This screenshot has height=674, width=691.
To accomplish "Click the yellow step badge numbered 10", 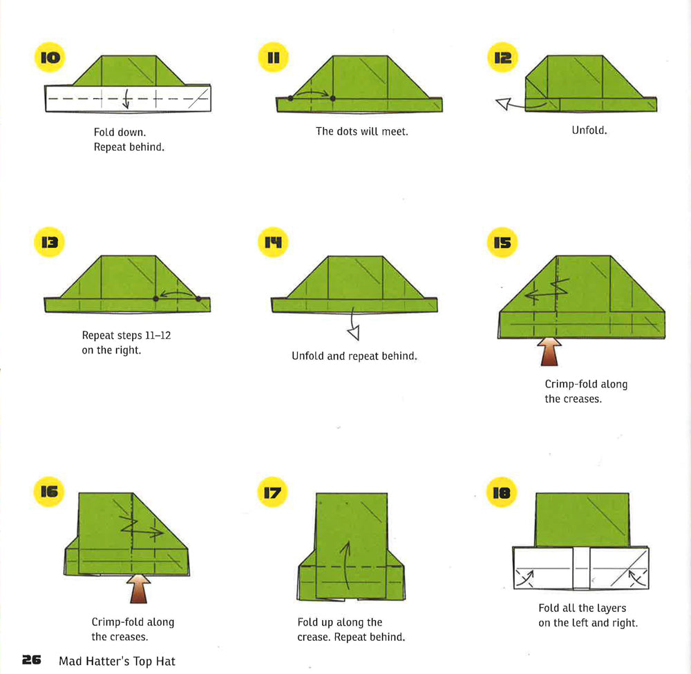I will point(50,58).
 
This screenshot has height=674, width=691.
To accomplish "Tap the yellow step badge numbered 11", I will point(274,58).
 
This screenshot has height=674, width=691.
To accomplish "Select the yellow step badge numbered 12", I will point(502,58).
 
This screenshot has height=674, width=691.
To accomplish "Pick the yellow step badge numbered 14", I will point(274,242).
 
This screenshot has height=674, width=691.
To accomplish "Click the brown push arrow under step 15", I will point(550,351).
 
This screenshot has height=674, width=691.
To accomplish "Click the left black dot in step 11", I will point(290,98).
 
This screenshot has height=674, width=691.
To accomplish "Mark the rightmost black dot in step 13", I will point(198,299).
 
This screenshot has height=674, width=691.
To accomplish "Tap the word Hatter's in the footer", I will point(106,661).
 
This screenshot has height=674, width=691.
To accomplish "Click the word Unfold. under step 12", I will point(589,130).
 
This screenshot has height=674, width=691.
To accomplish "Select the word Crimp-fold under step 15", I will point(571,384).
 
